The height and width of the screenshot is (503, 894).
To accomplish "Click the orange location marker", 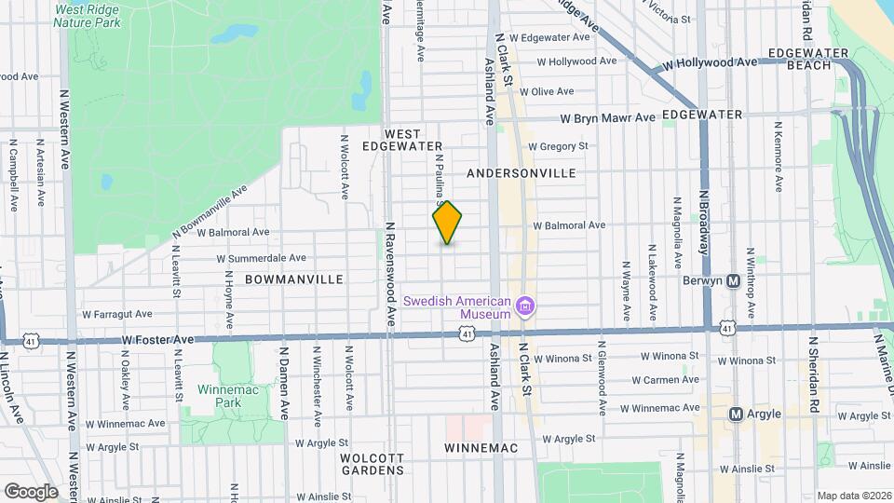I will (447, 223).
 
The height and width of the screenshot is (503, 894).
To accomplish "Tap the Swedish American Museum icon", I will (525, 306).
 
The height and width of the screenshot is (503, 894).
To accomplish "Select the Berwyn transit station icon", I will (733, 280).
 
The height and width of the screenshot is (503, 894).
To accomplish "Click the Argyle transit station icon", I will (735, 414).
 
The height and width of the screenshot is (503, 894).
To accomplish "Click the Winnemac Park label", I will (219, 395).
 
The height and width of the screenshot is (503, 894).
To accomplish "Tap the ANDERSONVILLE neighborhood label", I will (521, 173).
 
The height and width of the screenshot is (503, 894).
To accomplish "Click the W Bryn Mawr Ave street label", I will (607, 118).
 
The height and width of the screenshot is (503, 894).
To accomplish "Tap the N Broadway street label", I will (705, 224).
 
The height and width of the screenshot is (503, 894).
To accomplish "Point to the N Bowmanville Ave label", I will (210, 211).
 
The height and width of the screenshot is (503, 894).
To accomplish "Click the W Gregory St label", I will (558, 146).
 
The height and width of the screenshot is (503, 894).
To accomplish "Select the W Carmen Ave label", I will (665, 380).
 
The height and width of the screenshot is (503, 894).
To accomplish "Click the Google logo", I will (31, 491).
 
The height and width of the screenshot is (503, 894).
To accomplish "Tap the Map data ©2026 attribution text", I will (854, 496).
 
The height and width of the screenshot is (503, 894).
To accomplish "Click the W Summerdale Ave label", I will (261, 258).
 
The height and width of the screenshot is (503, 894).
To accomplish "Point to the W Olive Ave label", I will (547, 92).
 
